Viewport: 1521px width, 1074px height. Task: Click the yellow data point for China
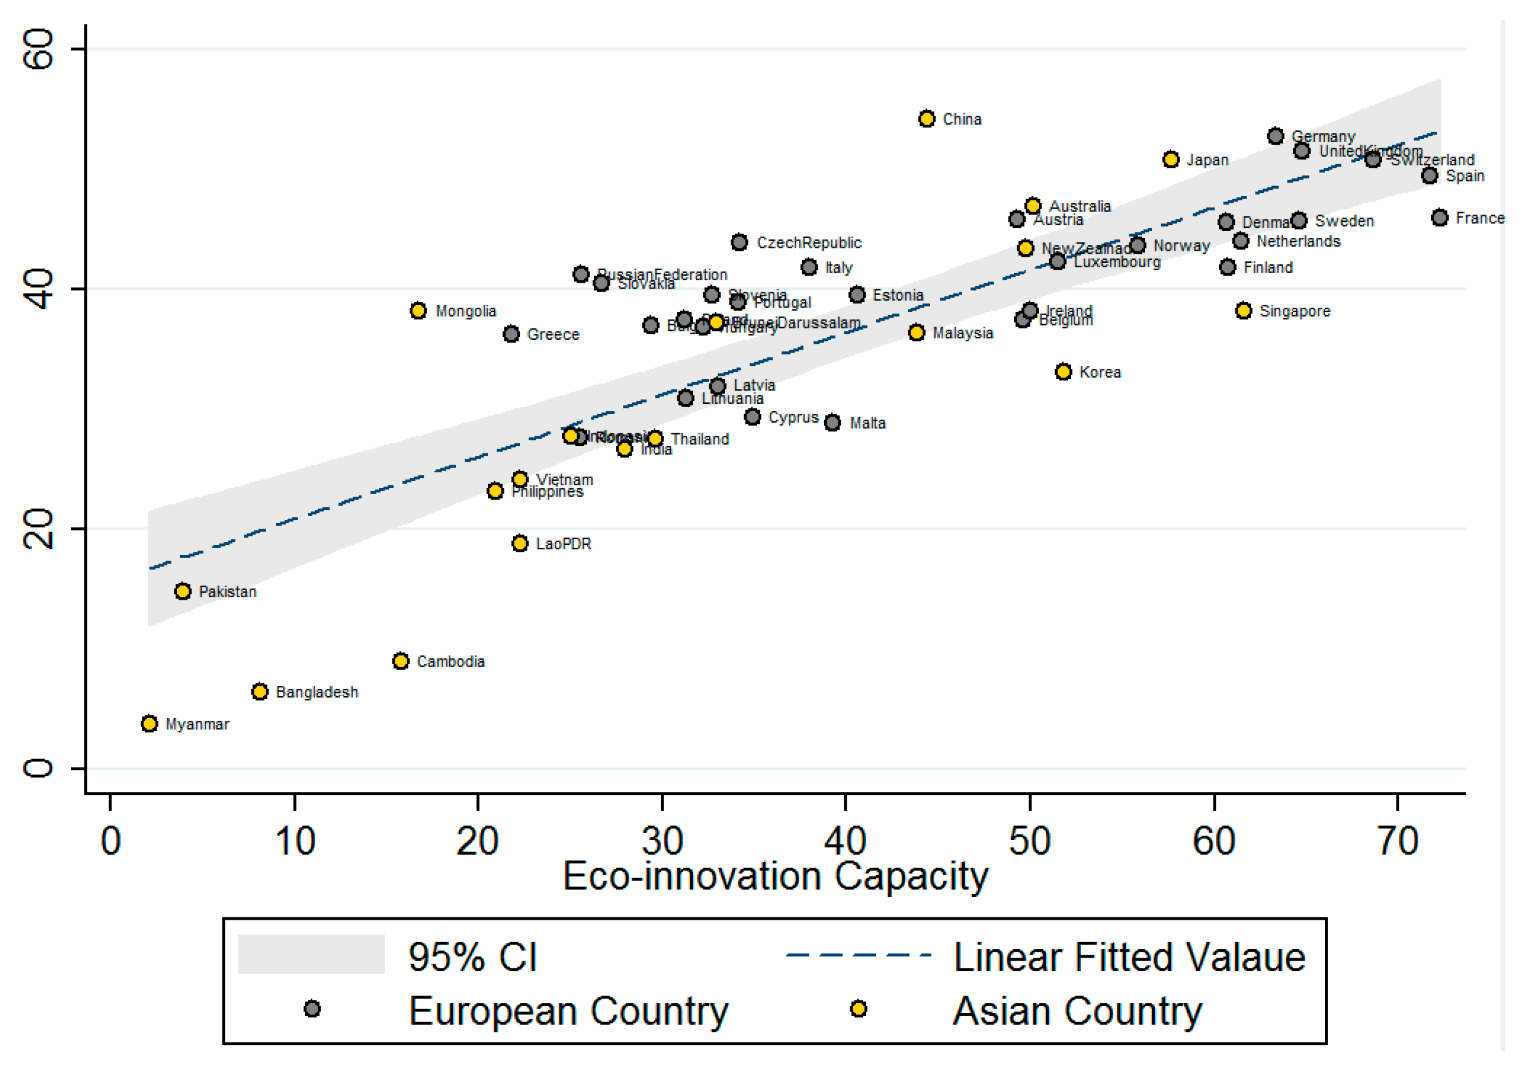(x=927, y=119)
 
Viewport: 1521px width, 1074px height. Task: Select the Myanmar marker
(x=149, y=723)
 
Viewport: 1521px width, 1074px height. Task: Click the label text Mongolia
(x=466, y=311)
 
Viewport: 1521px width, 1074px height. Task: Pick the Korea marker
(x=1063, y=372)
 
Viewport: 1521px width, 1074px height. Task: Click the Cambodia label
(x=451, y=661)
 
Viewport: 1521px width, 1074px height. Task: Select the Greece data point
(x=511, y=334)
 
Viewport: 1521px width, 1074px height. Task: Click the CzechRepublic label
(x=809, y=242)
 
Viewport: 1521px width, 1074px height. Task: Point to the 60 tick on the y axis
(x=38, y=49)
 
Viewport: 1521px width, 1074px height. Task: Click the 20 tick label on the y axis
(x=38, y=529)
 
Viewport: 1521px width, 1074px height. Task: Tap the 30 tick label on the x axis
(x=662, y=841)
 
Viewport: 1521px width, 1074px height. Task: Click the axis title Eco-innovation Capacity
(x=775, y=876)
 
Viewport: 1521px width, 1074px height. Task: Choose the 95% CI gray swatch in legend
(x=311, y=954)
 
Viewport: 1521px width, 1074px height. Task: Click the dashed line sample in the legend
(x=858, y=955)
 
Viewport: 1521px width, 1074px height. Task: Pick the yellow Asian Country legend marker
(x=858, y=1008)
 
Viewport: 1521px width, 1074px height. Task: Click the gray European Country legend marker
(x=312, y=1008)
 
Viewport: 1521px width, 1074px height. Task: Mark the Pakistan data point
(x=183, y=591)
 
